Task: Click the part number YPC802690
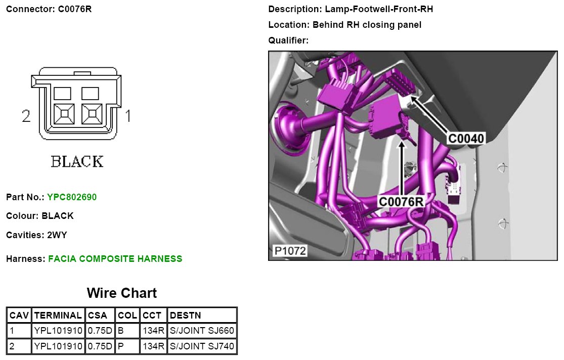pyautogui.click(x=72, y=197)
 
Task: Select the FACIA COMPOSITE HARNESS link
pyautogui.click(x=115, y=258)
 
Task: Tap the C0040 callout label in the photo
pyautogui.click(x=466, y=138)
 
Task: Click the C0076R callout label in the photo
pyautogui.click(x=401, y=202)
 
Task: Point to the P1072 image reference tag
pyautogui.click(x=290, y=251)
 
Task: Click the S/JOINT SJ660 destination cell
pyautogui.click(x=202, y=331)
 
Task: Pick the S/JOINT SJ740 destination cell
pyautogui.click(x=202, y=346)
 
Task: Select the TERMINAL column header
pyautogui.click(x=58, y=316)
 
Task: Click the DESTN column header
pyautogui.click(x=202, y=316)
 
